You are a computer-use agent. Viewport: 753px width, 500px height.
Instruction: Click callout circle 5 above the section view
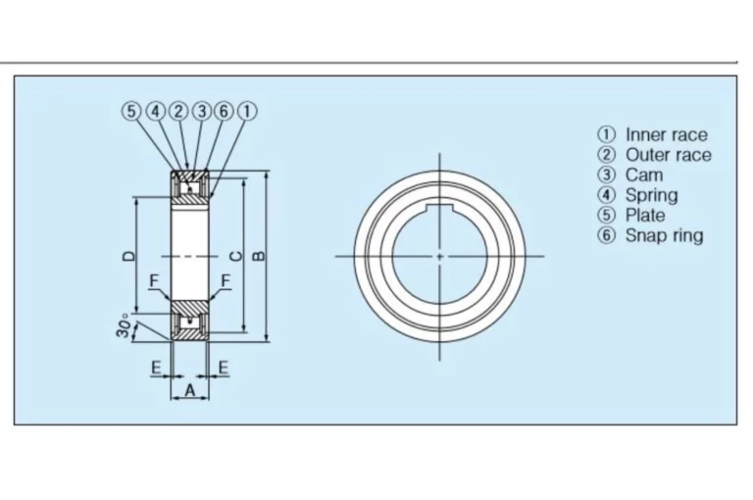point(130,112)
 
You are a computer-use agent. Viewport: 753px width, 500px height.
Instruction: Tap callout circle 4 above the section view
point(155,112)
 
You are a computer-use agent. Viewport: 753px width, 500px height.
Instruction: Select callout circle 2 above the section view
point(178,112)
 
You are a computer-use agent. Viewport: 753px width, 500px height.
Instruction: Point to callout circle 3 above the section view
point(202,112)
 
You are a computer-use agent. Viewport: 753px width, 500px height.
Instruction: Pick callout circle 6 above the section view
point(224,112)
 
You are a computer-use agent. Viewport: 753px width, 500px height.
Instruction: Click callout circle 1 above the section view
point(247,112)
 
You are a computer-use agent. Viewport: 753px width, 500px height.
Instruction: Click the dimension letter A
point(190,390)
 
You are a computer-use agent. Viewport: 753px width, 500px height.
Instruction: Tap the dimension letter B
point(259,256)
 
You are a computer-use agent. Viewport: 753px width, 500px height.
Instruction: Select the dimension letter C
point(236,256)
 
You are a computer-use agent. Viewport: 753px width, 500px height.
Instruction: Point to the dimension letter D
point(128,256)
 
